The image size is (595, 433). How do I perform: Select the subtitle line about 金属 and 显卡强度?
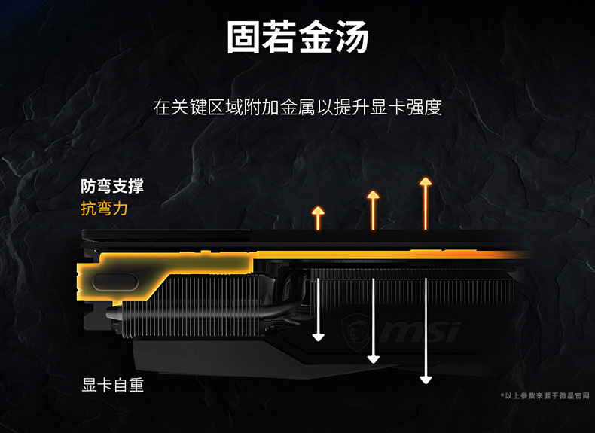point(297,107)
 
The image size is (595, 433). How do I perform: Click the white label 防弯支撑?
point(112,187)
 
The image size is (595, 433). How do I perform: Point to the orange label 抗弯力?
point(104,209)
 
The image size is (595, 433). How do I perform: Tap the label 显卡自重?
point(112,386)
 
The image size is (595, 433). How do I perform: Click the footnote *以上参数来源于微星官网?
point(546,395)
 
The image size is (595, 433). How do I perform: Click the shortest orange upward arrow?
point(318,218)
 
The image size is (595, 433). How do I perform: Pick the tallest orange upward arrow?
point(426,203)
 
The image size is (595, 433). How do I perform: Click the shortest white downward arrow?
point(319,309)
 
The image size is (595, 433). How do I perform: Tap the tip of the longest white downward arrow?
point(426,379)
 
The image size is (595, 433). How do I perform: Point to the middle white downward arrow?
point(373,320)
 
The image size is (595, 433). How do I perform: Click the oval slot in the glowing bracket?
point(114,285)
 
